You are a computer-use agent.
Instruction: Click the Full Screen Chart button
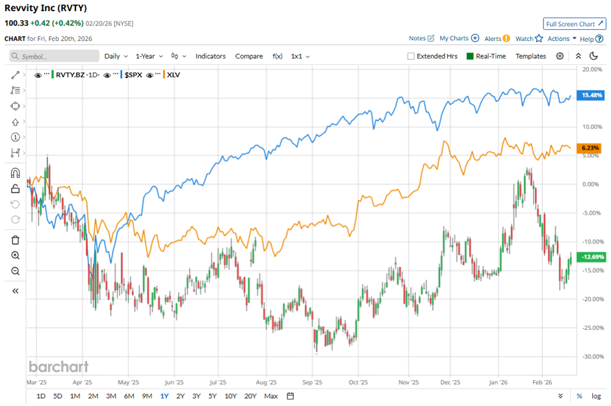click(575, 24)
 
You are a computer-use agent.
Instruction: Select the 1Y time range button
click(164, 396)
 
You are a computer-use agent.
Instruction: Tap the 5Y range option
click(212, 396)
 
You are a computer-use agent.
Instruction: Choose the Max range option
click(271, 396)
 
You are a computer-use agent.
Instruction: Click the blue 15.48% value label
click(592, 95)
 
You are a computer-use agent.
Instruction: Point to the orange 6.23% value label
click(592, 148)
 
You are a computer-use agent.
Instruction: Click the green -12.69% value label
click(592, 257)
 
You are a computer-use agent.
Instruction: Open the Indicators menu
click(211, 57)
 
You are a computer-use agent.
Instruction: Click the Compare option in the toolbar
click(249, 57)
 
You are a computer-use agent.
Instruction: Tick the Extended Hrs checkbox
click(411, 57)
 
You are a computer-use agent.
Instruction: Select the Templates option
click(530, 57)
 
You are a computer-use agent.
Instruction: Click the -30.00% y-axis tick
click(591, 357)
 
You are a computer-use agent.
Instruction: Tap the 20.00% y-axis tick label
click(591, 69)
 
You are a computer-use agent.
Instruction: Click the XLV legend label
click(174, 75)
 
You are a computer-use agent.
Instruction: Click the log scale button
click(596, 396)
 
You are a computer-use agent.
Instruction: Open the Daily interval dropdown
click(116, 57)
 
